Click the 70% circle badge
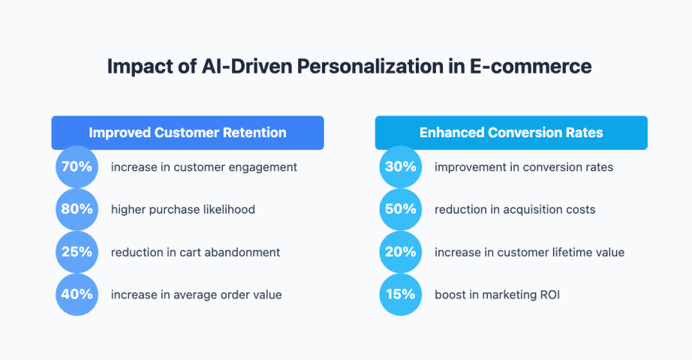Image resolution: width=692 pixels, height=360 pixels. [x=77, y=166]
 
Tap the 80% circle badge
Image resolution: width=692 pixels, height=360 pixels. [x=77, y=209]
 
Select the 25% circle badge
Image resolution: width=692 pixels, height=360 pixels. [x=77, y=252]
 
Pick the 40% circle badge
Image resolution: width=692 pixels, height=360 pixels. [x=77, y=295]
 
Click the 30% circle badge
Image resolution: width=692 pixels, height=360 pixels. [x=400, y=166]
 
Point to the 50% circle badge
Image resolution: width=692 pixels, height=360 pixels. [x=400, y=209]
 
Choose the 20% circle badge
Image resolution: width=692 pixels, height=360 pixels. [x=400, y=252]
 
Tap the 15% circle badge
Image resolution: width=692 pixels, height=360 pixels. [x=400, y=295]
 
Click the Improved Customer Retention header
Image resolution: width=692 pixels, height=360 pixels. [x=188, y=133]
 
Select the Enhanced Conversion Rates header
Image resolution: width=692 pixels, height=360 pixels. [x=511, y=133]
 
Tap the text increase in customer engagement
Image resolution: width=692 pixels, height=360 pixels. [x=204, y=167]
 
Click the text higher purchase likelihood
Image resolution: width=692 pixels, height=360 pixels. [x=183, y=210]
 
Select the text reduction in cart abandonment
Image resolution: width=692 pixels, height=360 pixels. [x=195, y=253]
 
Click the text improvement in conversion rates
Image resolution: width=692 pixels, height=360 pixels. [x=524, y=167]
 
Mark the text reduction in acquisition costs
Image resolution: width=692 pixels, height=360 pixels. [x=515, y=210]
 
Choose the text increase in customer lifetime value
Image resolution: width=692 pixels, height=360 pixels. [x=529, y=253]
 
